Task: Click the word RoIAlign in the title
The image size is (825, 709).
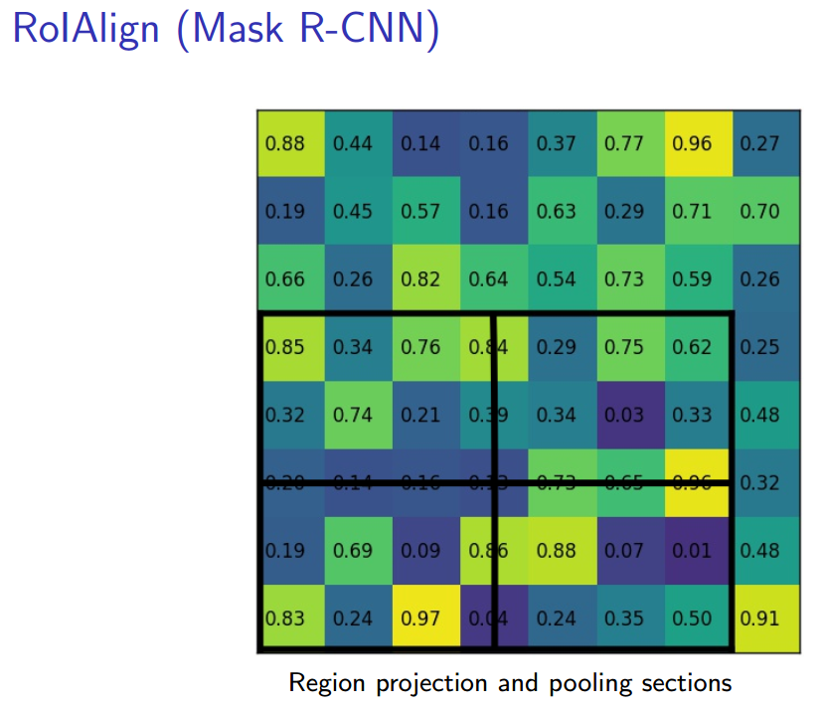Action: tap(86, 30)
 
